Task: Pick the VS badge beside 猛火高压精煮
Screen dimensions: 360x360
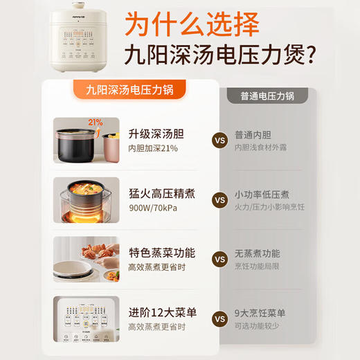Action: [x=219, y=201]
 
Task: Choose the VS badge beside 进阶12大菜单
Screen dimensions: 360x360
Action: [x=219, y=319]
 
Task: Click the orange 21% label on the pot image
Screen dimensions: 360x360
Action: [x=95, y=123]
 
